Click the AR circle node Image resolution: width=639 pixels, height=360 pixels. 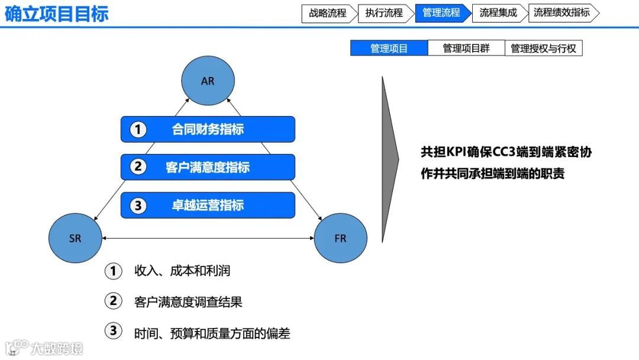pyautogui.click(x=208, y=81)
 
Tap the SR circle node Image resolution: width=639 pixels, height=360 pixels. pyautogui.click(x=75, y=239)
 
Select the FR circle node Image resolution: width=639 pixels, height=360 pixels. pyautogui.click(x=340, y=239)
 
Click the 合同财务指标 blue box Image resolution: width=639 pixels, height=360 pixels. pyautogui.click(x=208, y=129)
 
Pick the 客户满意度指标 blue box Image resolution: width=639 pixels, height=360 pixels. pyautogui.click(x=208, y=167)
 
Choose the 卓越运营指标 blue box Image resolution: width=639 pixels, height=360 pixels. pyautogui.click(x=208, y=205)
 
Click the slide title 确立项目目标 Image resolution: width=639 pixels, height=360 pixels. pyautogui.click(x=57, y=14)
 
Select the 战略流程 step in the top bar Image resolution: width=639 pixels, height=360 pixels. pyautogui.click(x=328, y=13)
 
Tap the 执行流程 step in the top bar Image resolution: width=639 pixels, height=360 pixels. pyautogui.click(x=384, y=13)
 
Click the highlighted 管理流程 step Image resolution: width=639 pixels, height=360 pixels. pyautogui.click(x=441, y=13)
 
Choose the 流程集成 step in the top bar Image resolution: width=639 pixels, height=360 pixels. pyautogui.click(x=498, y=13)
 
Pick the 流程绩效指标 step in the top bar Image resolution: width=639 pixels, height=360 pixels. pyautogui.click(x=561, y=13)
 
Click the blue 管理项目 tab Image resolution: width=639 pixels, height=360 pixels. pyautogui.click(x=389, y=49)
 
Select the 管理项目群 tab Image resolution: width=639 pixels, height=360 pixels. pyautogui.click(x=466, y=49)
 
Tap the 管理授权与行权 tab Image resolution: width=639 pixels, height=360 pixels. pyautogui.click(x=543, y=49)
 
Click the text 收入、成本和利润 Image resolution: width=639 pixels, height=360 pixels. pyautogui.click(x=182, y=271)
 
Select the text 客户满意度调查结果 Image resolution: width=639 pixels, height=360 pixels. pyautogui.click(x=188, y=302)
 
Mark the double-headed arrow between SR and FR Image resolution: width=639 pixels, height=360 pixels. pyautogui.click(x=207, y=239)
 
